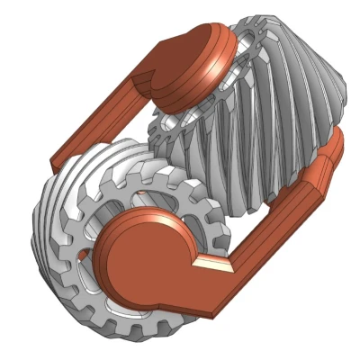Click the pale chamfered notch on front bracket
point(212,263)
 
